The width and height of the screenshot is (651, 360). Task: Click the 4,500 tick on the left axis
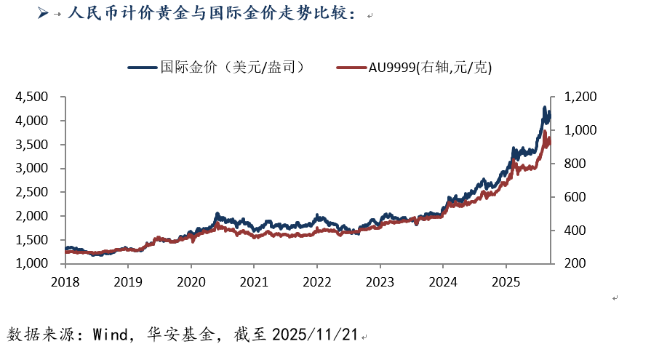[x=33, y=97]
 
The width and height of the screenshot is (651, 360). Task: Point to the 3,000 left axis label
[x=33, y=168]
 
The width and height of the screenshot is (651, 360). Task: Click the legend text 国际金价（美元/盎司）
[x=231, y=68]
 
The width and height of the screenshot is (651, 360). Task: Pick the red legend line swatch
[x=351, y=68]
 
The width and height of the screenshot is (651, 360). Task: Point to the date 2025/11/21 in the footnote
[x=315, y=335]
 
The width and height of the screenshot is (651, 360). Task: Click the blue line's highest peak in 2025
[x=544, y=108]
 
